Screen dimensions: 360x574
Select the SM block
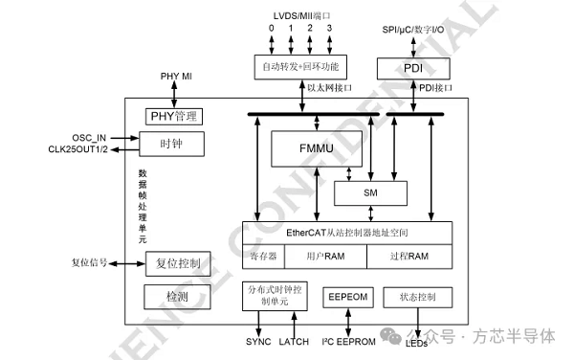coord(371,192)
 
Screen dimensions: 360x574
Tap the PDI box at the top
coord(412,68)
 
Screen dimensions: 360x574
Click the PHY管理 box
coord(174,117)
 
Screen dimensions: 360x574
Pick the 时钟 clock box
coord(172,144)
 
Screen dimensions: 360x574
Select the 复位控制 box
coord(177,262)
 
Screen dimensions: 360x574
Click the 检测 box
coord(176,296)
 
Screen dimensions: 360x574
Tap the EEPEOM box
coord(347,298)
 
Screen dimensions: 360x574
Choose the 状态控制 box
coord(416,298)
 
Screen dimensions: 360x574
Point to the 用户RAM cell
coord(325,257)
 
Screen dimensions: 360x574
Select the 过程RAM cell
coord(409,257)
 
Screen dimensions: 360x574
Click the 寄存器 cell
coord(263,257)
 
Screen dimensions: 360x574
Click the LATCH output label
coord(294,342)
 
